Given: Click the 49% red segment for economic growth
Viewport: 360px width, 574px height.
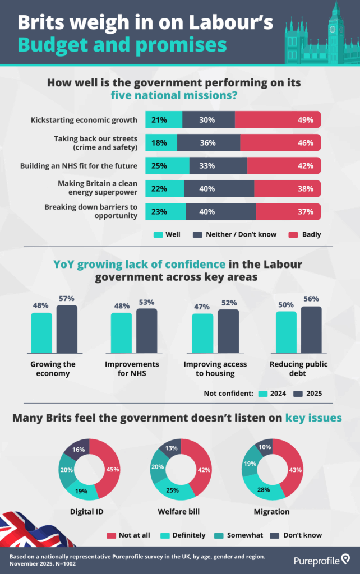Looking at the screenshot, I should [x=278, y=119].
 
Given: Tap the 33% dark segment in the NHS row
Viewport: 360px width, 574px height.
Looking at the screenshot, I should [x=218, y=165].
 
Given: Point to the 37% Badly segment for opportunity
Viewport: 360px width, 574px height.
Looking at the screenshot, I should [x=288, y=211].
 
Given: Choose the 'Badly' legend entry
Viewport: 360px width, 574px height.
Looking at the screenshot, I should [x=307, y=234].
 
